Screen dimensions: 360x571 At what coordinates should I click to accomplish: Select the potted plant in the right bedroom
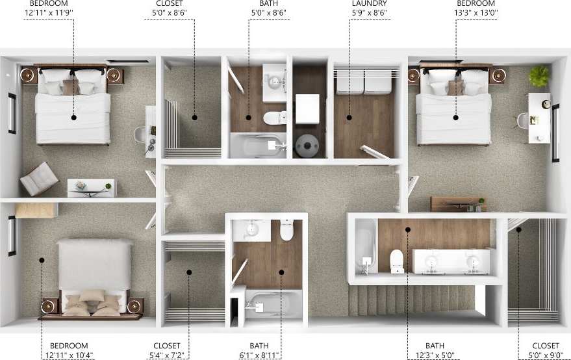click(x=539, y=76)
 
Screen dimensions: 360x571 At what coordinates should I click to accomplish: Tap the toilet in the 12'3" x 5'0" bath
click(x=396, y=262)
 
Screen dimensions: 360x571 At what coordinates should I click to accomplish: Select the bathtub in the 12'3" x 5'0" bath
click(x=366, y=247)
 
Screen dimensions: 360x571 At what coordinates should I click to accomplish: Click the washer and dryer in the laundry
click(x=363, y=81)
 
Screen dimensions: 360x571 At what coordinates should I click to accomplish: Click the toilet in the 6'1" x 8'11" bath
click(x=286, y=229)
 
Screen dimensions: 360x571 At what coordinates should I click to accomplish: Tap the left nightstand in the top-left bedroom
click(x=29, y=75)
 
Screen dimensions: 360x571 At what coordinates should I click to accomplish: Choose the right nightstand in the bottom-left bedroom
click(x=134, y=305)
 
